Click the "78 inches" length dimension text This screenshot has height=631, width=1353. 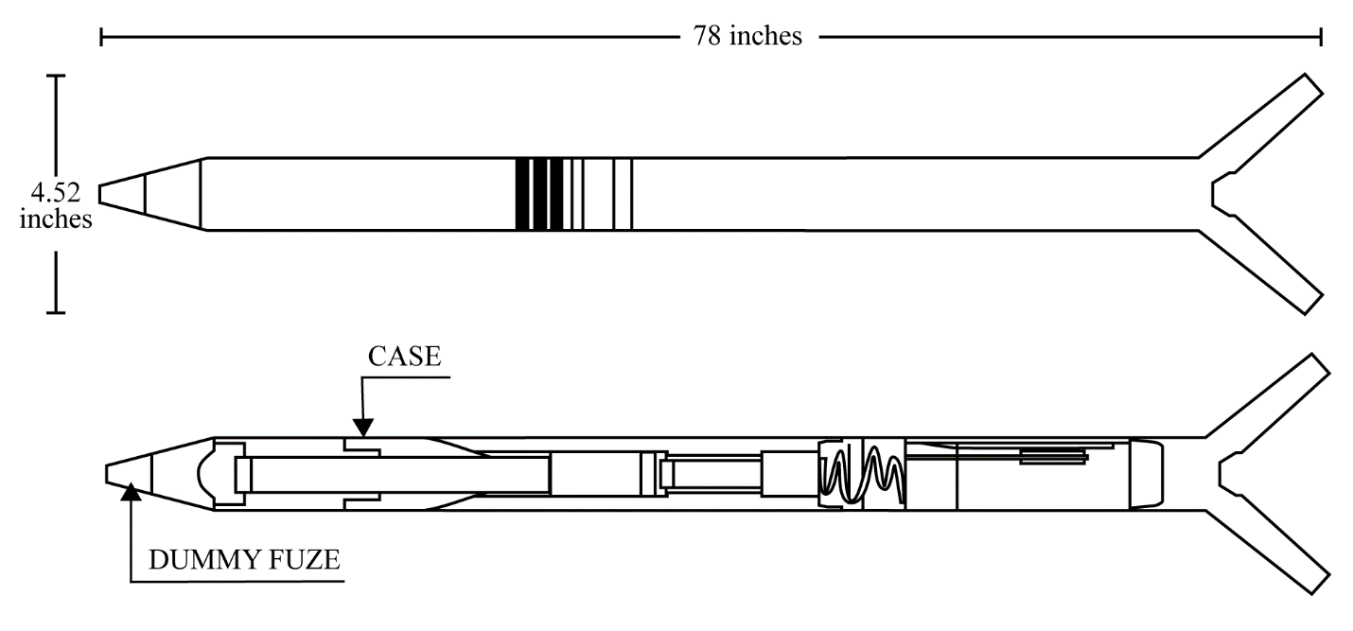pyautogui.click(x=747, y=36)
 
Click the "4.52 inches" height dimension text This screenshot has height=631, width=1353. pyautogui.click(x=56, y=206)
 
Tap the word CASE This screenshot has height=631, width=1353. pyautogui.click(x=404, y=357)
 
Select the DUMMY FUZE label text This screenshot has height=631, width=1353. pyautogui.click(x=244, y=560)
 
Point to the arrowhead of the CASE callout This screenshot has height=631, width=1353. pyautogui.click(x=362, y=428)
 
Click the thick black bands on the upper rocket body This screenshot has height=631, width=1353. pyautogui.click(x=539, y=195)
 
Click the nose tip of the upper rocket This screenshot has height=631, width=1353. pyautogui.click(x=100, y=195)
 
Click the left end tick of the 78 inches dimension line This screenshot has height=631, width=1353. pyautogui.click(x=101, y=36)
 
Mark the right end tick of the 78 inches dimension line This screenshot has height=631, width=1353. pyautogui.click(x=1321, y=36)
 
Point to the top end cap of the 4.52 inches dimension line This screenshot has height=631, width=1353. pyautogui.click(x=56, y=76)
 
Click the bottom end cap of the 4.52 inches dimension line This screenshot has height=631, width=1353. pyautogui.click(x=56, y=312)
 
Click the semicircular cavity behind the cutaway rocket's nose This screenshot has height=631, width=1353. pyautogui.click(x=204, y=474)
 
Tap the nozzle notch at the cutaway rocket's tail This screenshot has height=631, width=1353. pyautogui.click(x=1228, y=474)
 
